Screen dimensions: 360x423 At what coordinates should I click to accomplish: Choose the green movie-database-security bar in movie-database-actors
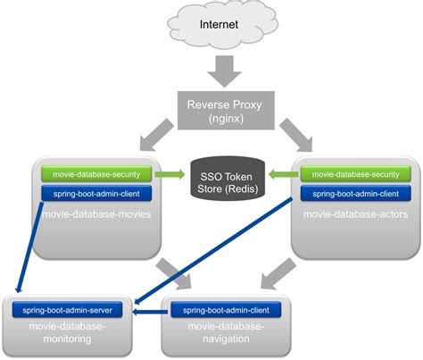(355, 173)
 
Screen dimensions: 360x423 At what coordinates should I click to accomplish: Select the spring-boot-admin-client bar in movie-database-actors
(355, 192)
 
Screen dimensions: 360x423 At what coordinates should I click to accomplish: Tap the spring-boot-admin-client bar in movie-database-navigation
(226, 310)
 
